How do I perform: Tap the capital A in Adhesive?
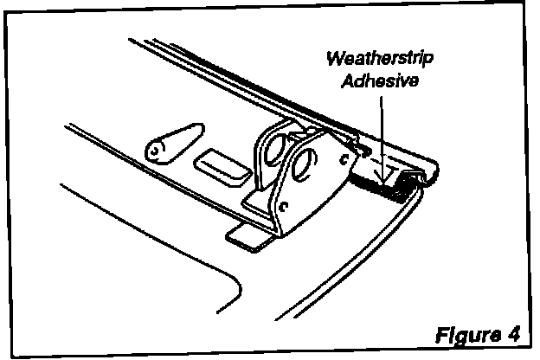(344, 83)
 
